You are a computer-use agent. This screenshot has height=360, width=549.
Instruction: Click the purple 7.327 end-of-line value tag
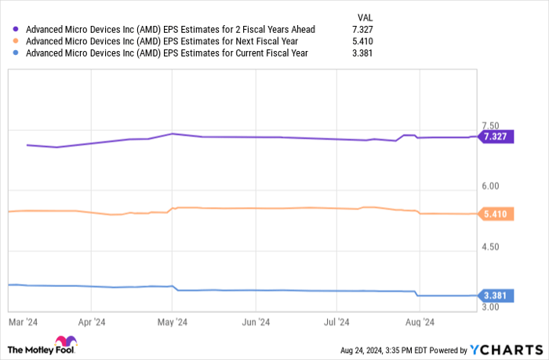496,136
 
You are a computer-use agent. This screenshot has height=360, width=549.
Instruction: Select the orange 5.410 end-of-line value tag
496,213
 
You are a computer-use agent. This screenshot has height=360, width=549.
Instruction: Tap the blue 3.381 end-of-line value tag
496,296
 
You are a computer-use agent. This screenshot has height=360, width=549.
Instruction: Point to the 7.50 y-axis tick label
490,125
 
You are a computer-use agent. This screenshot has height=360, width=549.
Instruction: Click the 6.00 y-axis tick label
490,187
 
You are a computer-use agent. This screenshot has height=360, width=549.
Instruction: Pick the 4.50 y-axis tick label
490,247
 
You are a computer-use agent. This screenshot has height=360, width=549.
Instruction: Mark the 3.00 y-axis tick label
490,307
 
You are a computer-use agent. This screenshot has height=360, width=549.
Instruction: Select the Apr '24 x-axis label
92,322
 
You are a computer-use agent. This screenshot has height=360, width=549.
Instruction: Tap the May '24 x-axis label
172,322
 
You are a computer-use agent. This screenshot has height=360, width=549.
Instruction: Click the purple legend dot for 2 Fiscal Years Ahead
16,30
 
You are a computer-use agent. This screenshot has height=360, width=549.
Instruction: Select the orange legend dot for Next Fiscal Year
16,42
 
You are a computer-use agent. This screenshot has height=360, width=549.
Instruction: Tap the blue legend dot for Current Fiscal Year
16,53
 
